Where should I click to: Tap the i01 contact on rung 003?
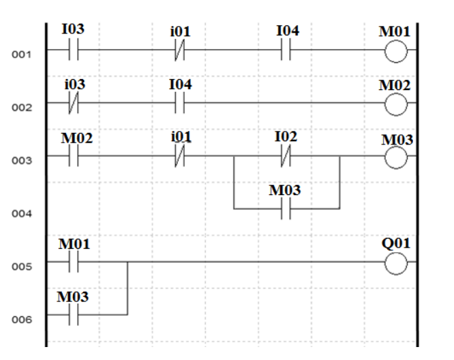click(179, 157)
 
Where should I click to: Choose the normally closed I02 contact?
click(286, 157)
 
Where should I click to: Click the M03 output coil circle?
click(396, 157)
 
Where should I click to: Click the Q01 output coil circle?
click(396, 262)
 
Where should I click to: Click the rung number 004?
click(23, 213)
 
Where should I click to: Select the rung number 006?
click(23, 318)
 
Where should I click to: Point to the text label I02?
click(286, 136)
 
